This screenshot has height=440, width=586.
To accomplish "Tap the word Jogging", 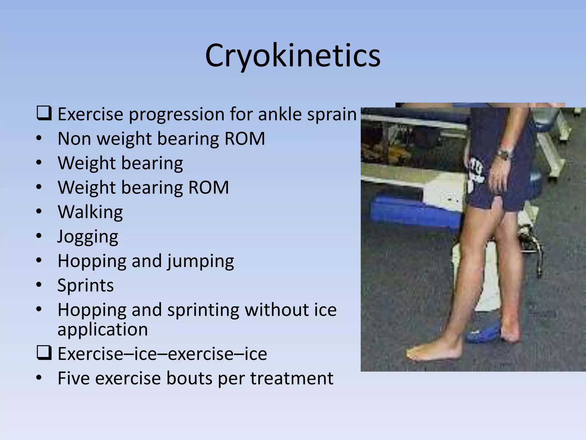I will tap(88, 237).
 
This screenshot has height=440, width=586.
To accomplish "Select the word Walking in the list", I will tap(90, 212).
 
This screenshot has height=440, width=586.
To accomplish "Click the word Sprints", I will tap(86, 285).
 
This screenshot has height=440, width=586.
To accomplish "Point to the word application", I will tap(103, 329).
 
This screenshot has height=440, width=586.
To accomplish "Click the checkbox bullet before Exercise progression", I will tap(44, 113).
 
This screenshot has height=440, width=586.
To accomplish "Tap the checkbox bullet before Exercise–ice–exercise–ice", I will tap(44, 353).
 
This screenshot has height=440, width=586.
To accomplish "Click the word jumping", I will tap(201, 261).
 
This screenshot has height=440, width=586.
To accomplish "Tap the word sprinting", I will tap(203, 310).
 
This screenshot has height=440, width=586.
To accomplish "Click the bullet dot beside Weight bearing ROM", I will tap(39, 187).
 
